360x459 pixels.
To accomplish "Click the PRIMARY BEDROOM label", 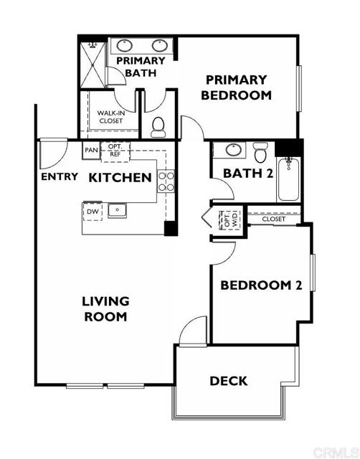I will point(236,87).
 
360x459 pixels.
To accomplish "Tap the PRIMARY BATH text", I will point(146,67).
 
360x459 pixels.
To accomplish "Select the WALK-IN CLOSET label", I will point(110,116).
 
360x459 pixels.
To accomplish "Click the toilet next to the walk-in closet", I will point(158,126).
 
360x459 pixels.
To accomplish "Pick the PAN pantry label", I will point(92,151).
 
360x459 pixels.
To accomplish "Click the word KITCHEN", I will point(120,177).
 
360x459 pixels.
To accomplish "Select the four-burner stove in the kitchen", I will point(166,181).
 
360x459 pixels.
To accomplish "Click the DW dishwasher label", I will point(92,212).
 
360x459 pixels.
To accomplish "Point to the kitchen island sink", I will point(116,211).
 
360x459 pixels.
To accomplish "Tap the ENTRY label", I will point(60,177).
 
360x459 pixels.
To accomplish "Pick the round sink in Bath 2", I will point(232,151).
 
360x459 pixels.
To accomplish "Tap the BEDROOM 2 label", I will point(260,285).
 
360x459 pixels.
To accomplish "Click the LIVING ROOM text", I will point(105,308).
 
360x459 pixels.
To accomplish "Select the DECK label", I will point(229,381).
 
